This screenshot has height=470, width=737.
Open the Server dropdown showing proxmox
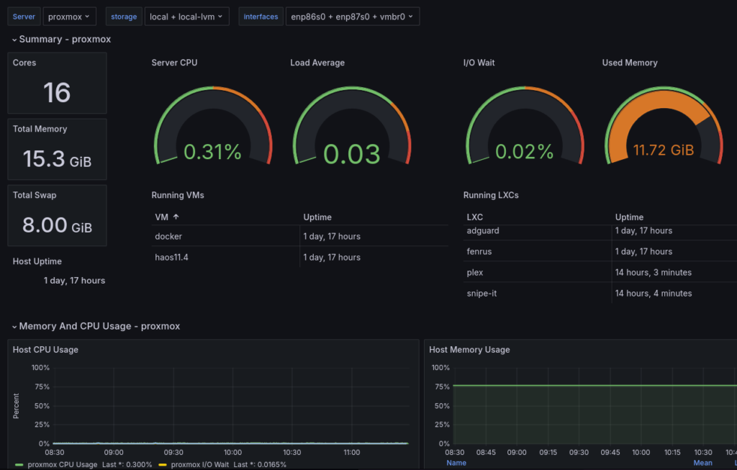69,17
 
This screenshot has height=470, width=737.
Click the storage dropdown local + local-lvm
186,17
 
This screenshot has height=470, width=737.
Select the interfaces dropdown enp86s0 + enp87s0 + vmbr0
352,17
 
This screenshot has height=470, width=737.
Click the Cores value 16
57,93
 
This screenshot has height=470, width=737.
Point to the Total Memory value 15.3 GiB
57,159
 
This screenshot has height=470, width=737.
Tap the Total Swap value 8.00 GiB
57,225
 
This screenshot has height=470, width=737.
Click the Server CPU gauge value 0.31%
212,152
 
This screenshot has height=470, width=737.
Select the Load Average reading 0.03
351,153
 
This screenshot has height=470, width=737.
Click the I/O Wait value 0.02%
525,152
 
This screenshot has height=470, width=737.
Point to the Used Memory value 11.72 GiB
663,150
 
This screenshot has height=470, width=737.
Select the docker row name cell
169,236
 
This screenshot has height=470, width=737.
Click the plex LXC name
475,273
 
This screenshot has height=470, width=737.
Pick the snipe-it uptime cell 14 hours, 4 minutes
654,294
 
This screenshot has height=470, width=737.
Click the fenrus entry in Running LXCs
479,251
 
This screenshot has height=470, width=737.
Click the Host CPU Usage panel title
45,350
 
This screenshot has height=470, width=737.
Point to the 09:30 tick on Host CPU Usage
173,453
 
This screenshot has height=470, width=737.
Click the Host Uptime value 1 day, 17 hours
74,281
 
